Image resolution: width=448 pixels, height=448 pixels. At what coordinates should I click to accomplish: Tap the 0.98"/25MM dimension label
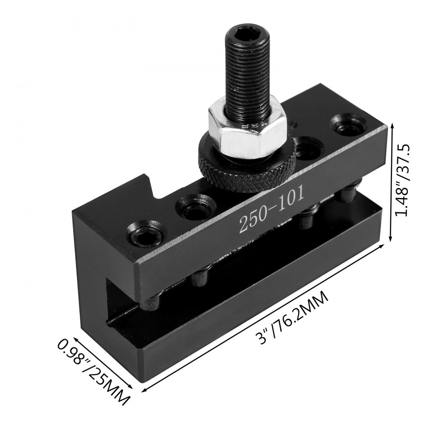pyautogui.click(x=93, y=372)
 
